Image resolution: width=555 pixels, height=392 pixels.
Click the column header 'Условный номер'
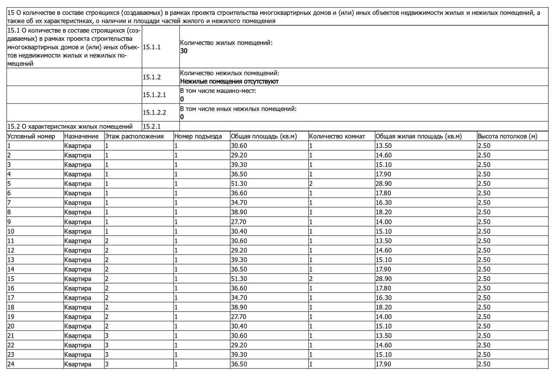click(31, 136)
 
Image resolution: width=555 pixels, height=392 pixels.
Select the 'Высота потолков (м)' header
click(507, 136)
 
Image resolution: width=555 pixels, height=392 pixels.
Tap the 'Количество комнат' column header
click(337, 136)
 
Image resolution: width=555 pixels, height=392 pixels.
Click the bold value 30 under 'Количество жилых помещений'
click(184, 51)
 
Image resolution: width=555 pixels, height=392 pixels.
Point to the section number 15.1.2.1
click(154, 95)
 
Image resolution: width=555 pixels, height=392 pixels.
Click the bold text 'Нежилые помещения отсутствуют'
click(229, 81)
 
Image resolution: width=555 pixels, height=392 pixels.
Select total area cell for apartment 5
click(239, 184)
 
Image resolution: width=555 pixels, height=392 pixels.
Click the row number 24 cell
click(11, 364)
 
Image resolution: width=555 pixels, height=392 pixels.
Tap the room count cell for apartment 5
click(311, 184)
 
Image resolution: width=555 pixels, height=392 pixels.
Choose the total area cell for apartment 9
click(239, 222)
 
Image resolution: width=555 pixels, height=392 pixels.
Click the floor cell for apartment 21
click(107, 336)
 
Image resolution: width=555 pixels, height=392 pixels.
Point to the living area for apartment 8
click(384, 212)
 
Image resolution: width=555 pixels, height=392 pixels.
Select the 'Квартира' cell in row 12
click(78, 250)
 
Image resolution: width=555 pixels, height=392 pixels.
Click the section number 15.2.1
click(152, 126)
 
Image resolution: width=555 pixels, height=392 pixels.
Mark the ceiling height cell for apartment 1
click(484, 146)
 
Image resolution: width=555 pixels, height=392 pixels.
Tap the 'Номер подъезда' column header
click(198, 136)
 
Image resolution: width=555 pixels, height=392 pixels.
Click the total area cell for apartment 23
click(239, 355)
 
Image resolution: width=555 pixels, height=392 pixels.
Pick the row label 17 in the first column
click(11, 298)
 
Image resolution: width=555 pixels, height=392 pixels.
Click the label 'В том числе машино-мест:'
click(218, 91)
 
